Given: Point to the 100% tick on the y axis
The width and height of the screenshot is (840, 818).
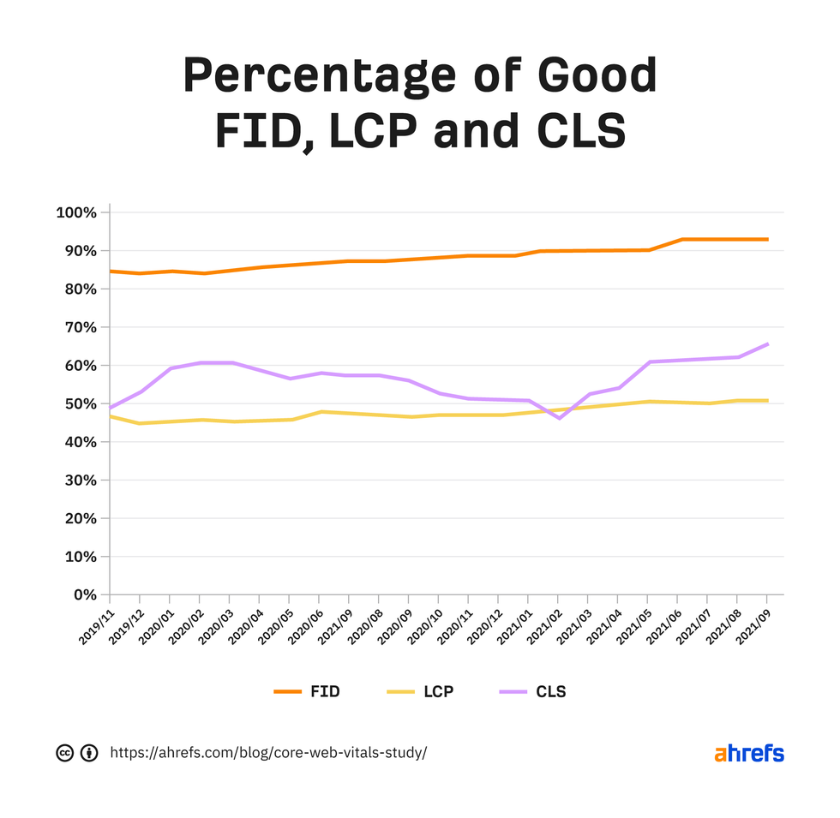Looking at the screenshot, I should pos(77,212).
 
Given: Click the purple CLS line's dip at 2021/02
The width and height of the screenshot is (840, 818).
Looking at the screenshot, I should pos(558,418).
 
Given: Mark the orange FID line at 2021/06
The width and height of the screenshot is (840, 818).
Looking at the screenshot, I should pos(681,239).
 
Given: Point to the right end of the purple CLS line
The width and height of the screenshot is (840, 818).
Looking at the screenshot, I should pos(767,344).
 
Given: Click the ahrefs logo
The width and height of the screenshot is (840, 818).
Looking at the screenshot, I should pos(748,753).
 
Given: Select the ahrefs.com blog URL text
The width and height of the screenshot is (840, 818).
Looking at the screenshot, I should pos(268,753).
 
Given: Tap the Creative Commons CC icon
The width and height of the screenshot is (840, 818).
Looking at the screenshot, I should pos(64,753).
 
